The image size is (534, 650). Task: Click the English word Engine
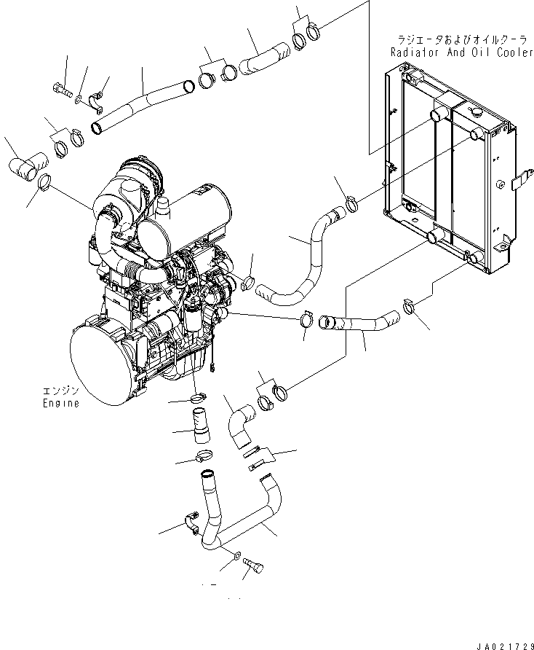pyautogui.click(x=61, y=403)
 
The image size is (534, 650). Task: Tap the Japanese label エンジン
pyautogui.click(x=61, y=391)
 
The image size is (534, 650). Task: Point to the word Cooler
pyautogui.click(x=515, y=52)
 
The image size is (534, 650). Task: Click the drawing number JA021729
pyautogui.click(x=505, y=646)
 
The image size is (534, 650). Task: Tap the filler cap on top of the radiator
pyautogui.click(x=476, y=112)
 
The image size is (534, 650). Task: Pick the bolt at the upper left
pyautogui.click(x=62, y=89)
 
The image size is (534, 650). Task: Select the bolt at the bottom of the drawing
pyautogui.click(x=254, y=565)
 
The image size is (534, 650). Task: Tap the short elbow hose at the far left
pyautogui.click(x=28, y=167)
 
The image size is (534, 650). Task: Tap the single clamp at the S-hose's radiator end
pyautogui.click(x=351, y=203)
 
